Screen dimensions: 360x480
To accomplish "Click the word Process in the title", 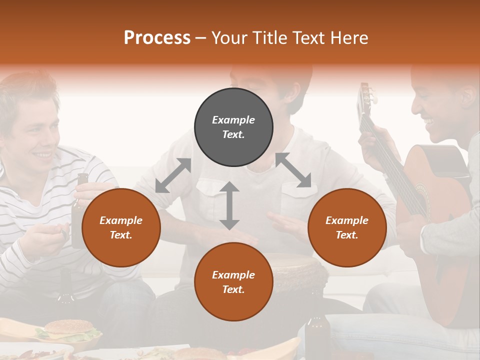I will [x=157, y=37].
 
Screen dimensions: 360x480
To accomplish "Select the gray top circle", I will [x=233, y=127].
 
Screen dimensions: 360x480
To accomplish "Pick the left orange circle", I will [x=121, y=228].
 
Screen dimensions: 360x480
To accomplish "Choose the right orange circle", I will [x=347, y=228].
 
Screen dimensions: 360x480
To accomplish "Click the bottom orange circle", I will [x=233, y=282].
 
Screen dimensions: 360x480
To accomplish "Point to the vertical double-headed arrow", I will [x=229, y=205].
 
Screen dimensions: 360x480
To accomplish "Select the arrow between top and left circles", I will [x=173, y=175].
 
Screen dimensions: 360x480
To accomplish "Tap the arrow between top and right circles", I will [x=293, y=170].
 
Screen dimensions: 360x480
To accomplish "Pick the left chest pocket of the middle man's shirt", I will [x=210, y=192].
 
